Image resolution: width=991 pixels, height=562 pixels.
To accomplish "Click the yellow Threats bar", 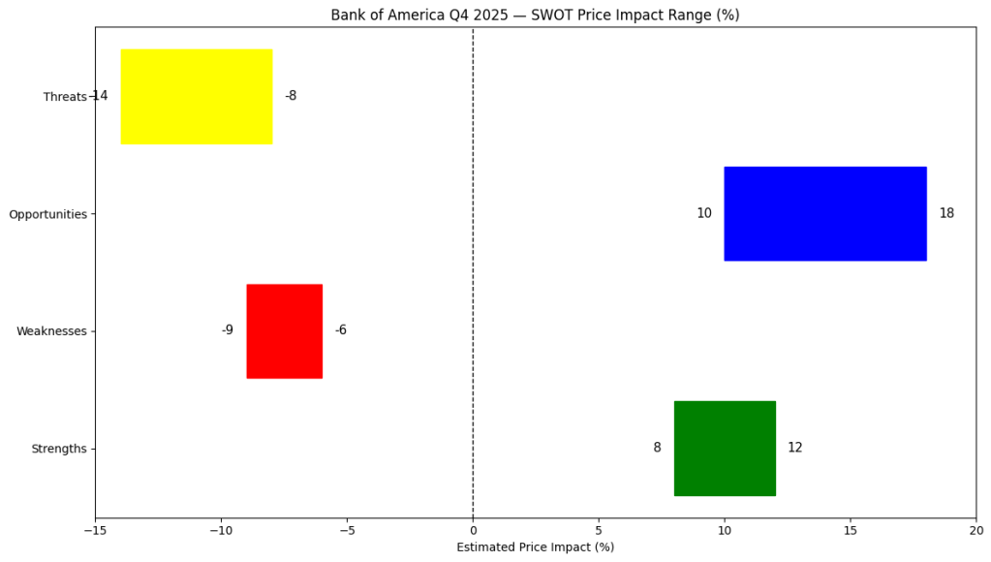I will click(x=197, y=96).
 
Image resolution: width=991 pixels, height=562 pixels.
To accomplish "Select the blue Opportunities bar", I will click(x=825, y=213).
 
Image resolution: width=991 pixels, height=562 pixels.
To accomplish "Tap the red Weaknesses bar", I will click(x=285, y=330).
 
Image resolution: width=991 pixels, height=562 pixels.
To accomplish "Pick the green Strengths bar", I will click(x=725, y=448).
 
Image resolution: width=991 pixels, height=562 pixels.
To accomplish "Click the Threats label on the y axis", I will click(x=65, y=97).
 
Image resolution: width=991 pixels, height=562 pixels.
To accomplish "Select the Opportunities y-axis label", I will click(x=48, y=214).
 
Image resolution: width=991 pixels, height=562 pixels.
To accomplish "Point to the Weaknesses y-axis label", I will click(x=51, y=331).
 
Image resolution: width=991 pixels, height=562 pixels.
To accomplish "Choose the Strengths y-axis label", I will click(x=59, y=449).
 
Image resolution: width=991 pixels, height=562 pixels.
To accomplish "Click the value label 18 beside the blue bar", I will click(x=946, y=213).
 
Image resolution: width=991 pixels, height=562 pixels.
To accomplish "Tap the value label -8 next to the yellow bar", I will click(x=291, y=96).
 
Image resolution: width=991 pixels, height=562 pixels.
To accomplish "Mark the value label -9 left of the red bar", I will click(x=228, y=330).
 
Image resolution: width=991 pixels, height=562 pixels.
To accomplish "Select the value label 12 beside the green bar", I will click(x=794, y=448).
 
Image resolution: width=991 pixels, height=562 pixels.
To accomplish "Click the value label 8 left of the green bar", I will click(x=657, y=448).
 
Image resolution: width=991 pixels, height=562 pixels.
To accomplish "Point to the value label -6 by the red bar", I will click(x=341, y=330).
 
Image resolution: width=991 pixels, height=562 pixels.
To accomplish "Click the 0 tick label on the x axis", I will click(x=473, y=530).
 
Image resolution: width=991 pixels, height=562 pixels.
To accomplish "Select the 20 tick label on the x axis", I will click(x=976, y=530).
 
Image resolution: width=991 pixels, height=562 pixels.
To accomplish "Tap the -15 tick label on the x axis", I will click(x=95, y=530).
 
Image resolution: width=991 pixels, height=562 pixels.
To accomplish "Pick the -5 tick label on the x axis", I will click(x=347, y=530).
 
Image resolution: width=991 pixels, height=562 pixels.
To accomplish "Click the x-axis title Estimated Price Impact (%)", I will click(x=535, y=547).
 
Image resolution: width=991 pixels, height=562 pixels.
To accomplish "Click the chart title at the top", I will click(x=535, y=16).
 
